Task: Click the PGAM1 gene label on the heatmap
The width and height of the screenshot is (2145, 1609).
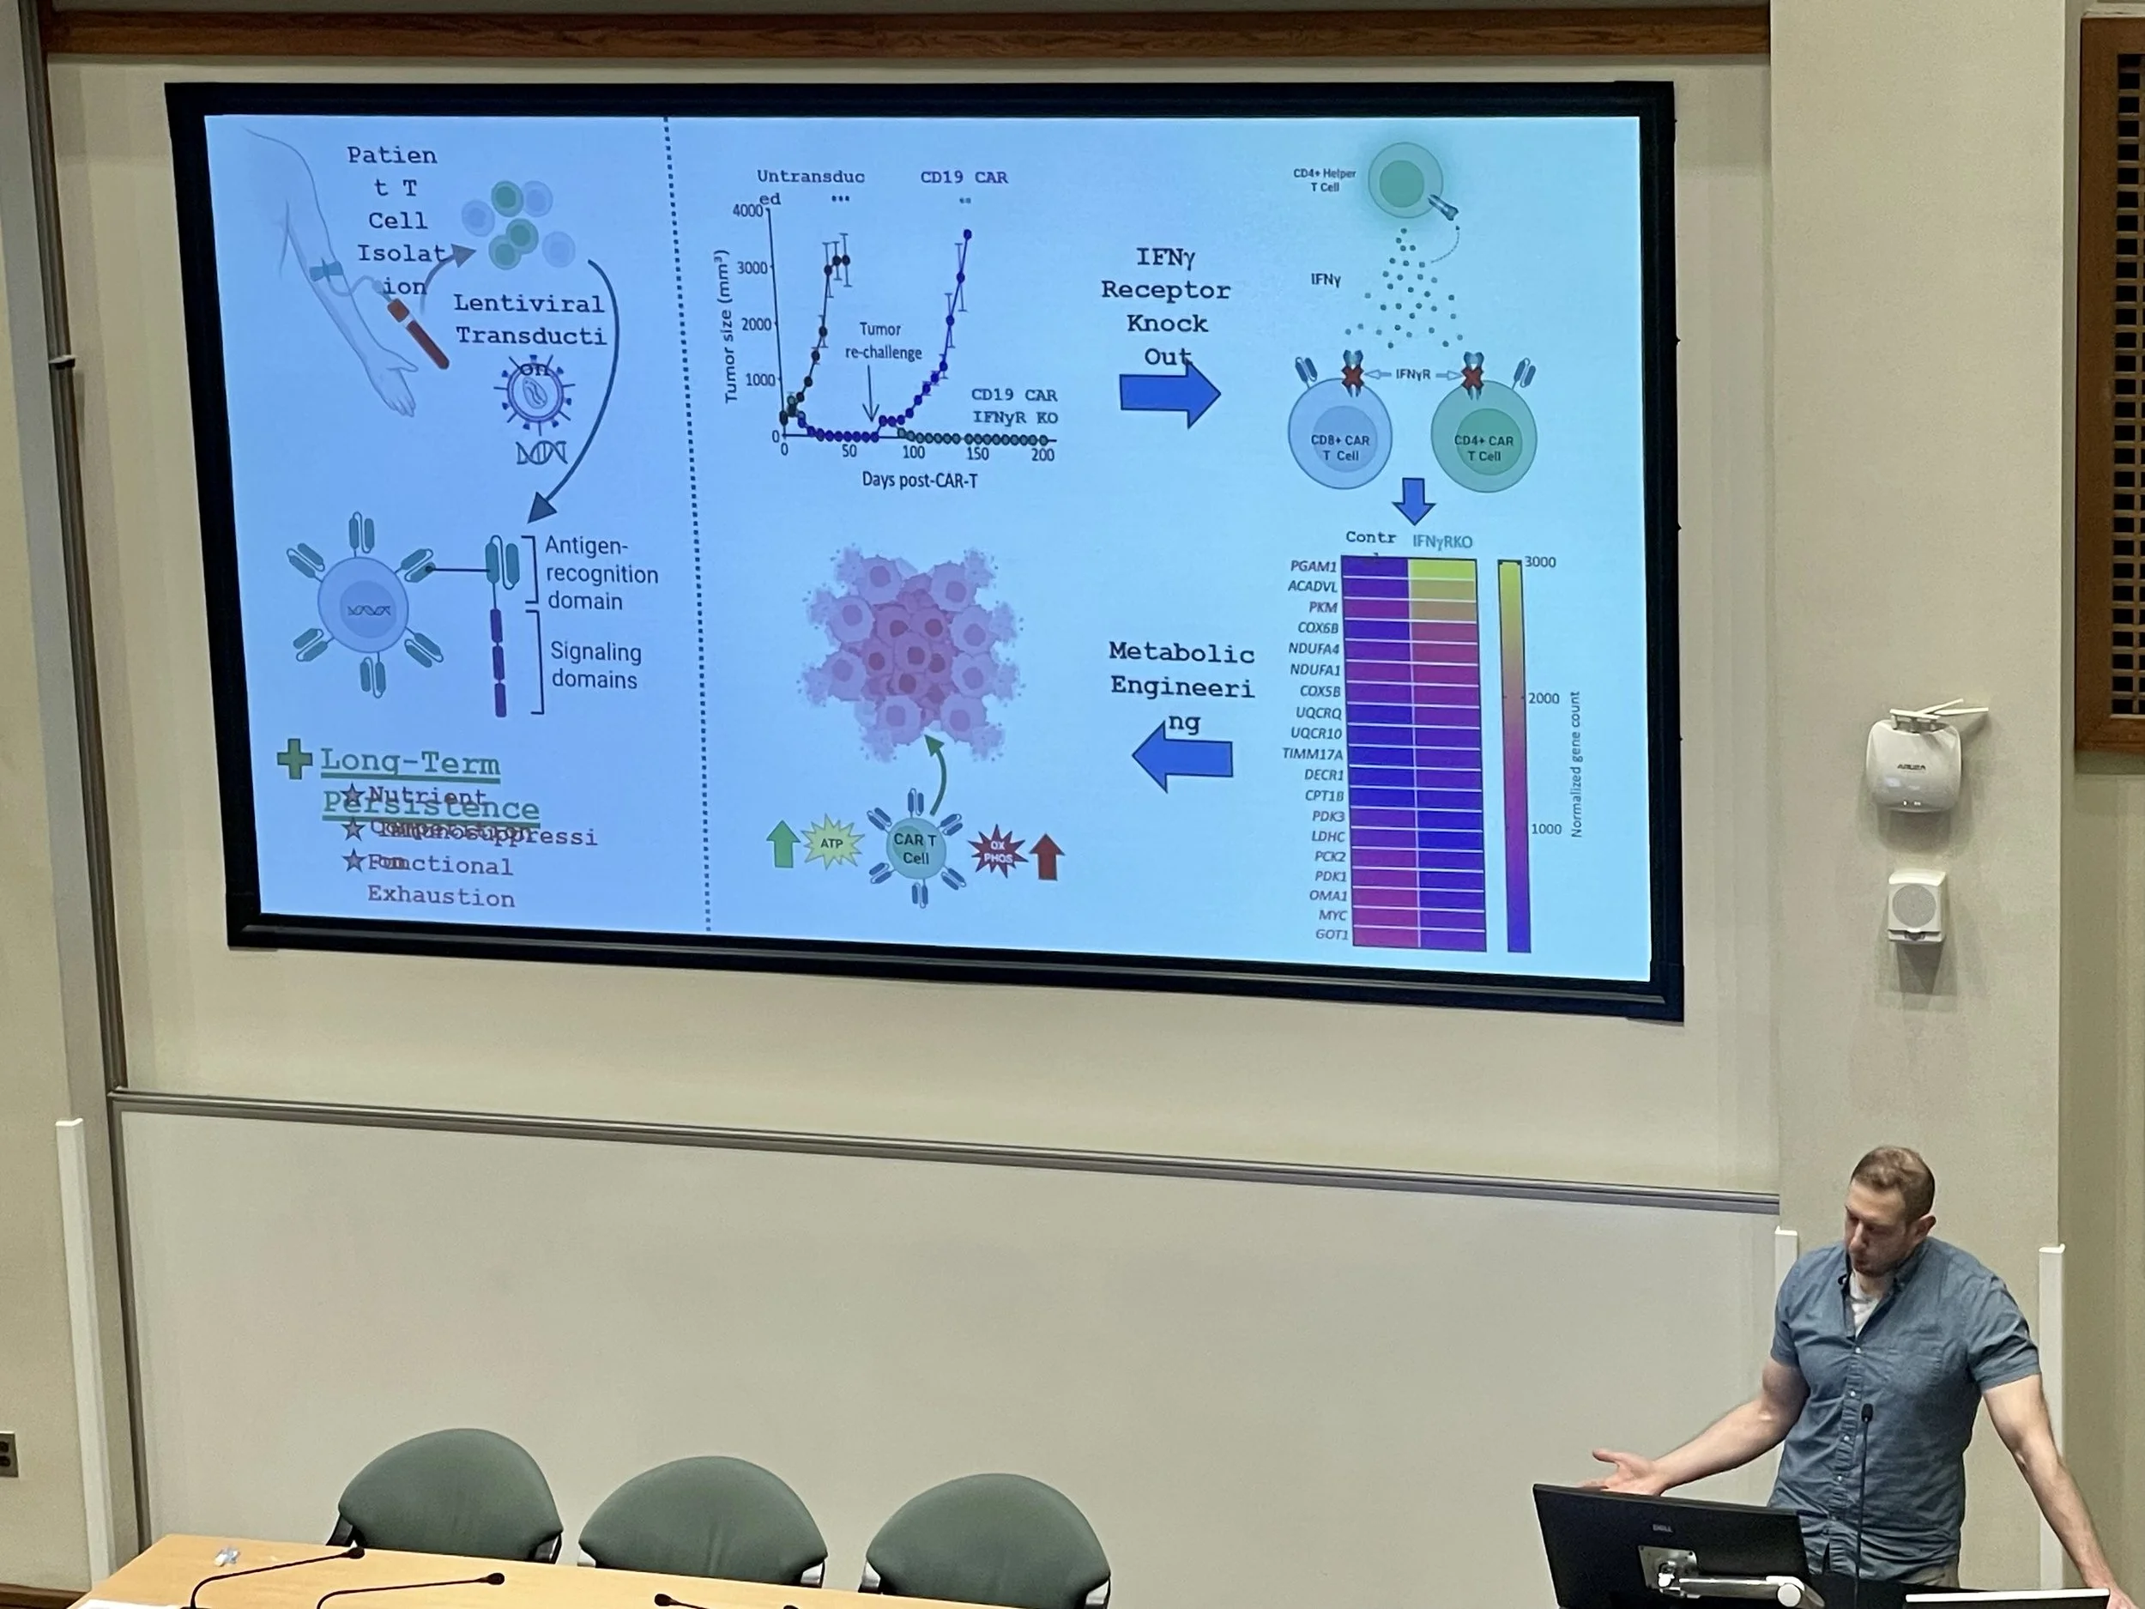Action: pyautogui.click(x=1313, y=566)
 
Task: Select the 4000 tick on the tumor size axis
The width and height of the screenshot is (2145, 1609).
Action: pyautogui.click(x=749, y=211)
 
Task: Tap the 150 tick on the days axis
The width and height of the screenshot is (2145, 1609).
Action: pyautogui.click(x=976, y=454)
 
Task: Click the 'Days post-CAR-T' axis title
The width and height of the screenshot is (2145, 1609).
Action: pyautogui.click(x=918, y=480)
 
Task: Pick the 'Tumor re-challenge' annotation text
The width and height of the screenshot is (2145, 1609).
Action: pyautogui.click(x=881, y=341)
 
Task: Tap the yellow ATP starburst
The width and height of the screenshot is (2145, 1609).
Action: pyautogui.click(x=831, y=843)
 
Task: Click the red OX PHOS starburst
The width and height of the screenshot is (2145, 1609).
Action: pyautogui.click(x=998, y=850)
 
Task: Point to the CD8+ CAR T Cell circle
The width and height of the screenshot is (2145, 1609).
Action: pyautogui.click(x=1339, y=437)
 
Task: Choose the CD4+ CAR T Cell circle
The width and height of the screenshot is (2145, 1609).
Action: pyautogui.click(x=1483, y=439)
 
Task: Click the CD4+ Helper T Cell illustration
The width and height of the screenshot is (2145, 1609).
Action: pyautogui.click(x=1402, y=181)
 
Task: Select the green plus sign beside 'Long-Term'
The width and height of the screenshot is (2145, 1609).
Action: pyautogui.click(x=293, y=759)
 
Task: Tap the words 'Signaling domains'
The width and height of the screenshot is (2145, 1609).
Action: pyautogui.click(x=595, y=665)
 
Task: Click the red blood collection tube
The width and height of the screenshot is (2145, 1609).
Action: pyautogui.click(x=418, y=333)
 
